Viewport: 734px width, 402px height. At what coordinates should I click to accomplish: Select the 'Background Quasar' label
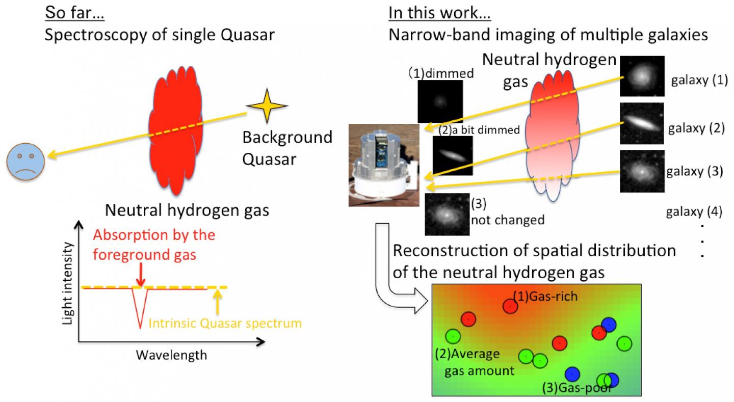coord(287,148)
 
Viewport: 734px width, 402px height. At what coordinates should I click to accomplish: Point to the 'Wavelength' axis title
coord(172,355)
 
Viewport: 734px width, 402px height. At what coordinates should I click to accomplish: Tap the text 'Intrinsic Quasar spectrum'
coord(225,323)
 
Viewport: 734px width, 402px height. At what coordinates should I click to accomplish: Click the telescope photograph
coord(384,165)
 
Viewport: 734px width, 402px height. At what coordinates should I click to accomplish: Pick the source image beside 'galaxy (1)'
coord(642,76)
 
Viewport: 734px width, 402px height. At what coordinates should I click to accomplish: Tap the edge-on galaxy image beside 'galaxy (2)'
coord(642,123)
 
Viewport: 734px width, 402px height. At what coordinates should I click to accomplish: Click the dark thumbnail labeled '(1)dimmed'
coord(439,101)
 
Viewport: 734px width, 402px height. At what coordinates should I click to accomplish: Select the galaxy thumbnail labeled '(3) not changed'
coord(447,214)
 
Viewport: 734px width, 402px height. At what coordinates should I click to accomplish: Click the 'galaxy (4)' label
coord(694,212)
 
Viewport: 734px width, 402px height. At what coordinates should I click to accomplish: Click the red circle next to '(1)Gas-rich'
coord(510,306)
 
